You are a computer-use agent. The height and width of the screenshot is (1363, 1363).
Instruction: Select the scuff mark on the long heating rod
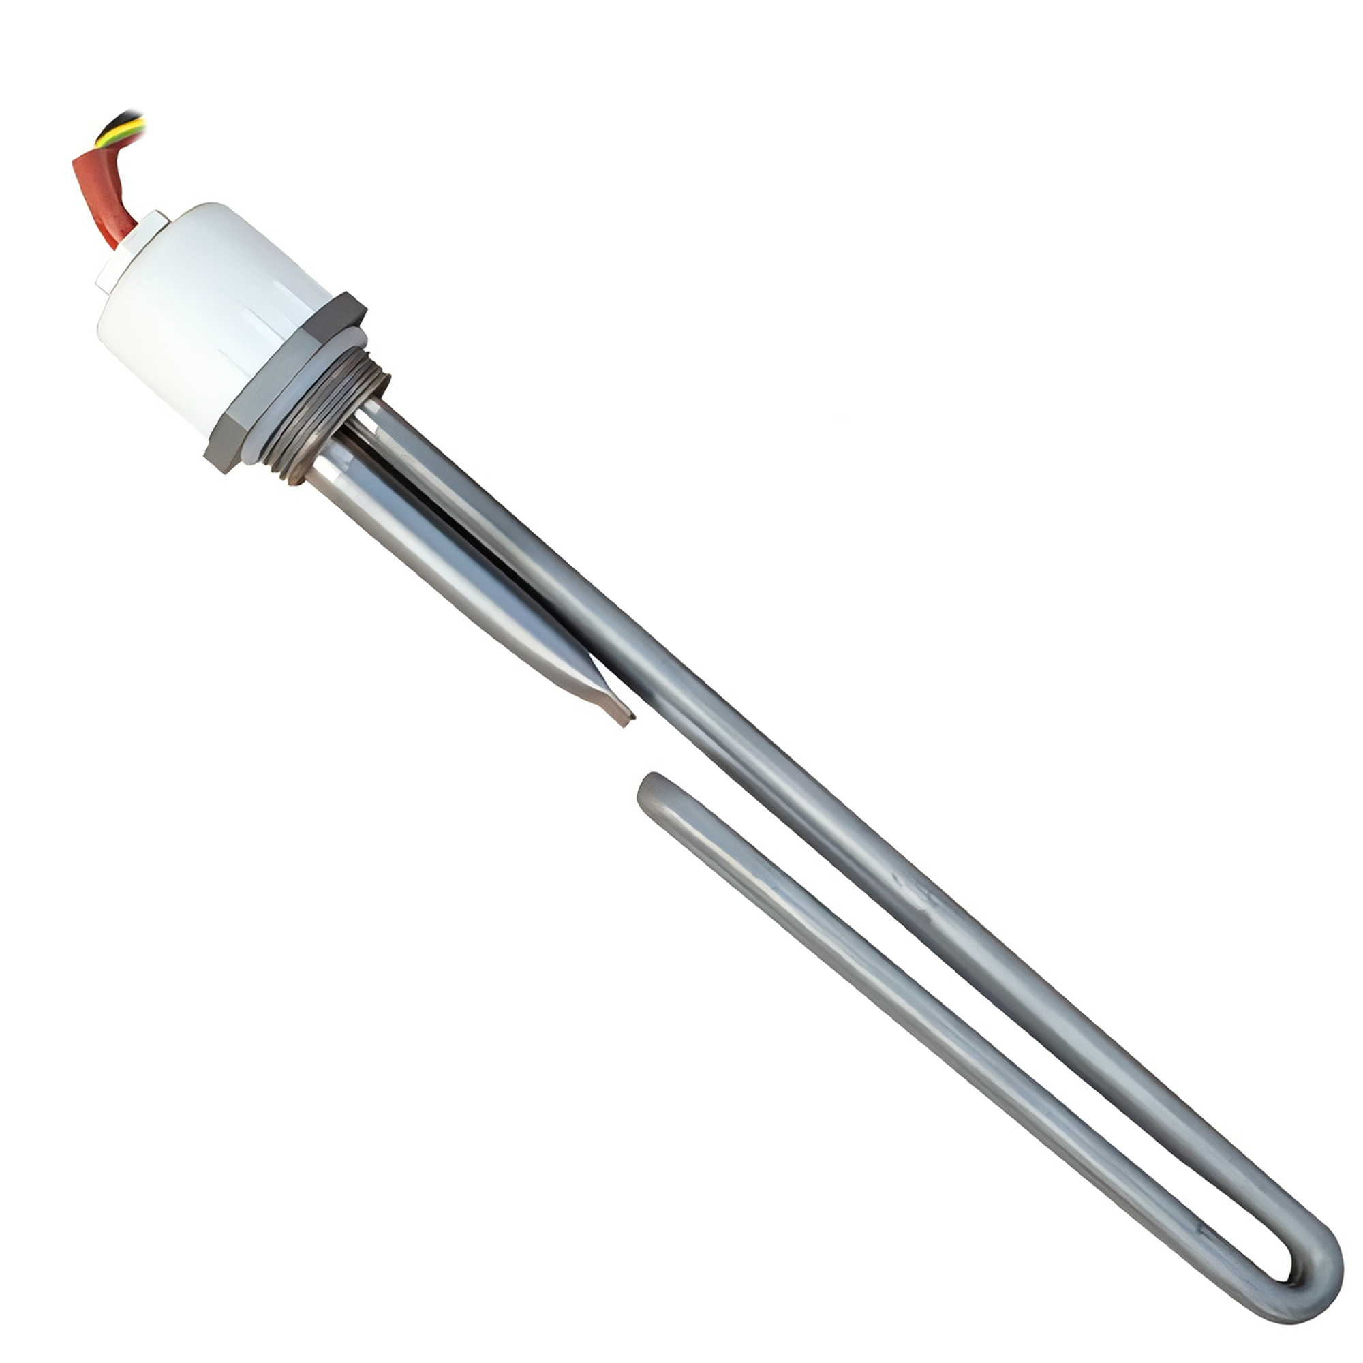(x=917, y=893)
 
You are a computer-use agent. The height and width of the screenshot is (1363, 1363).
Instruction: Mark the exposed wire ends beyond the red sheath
(x=123, y=127)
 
